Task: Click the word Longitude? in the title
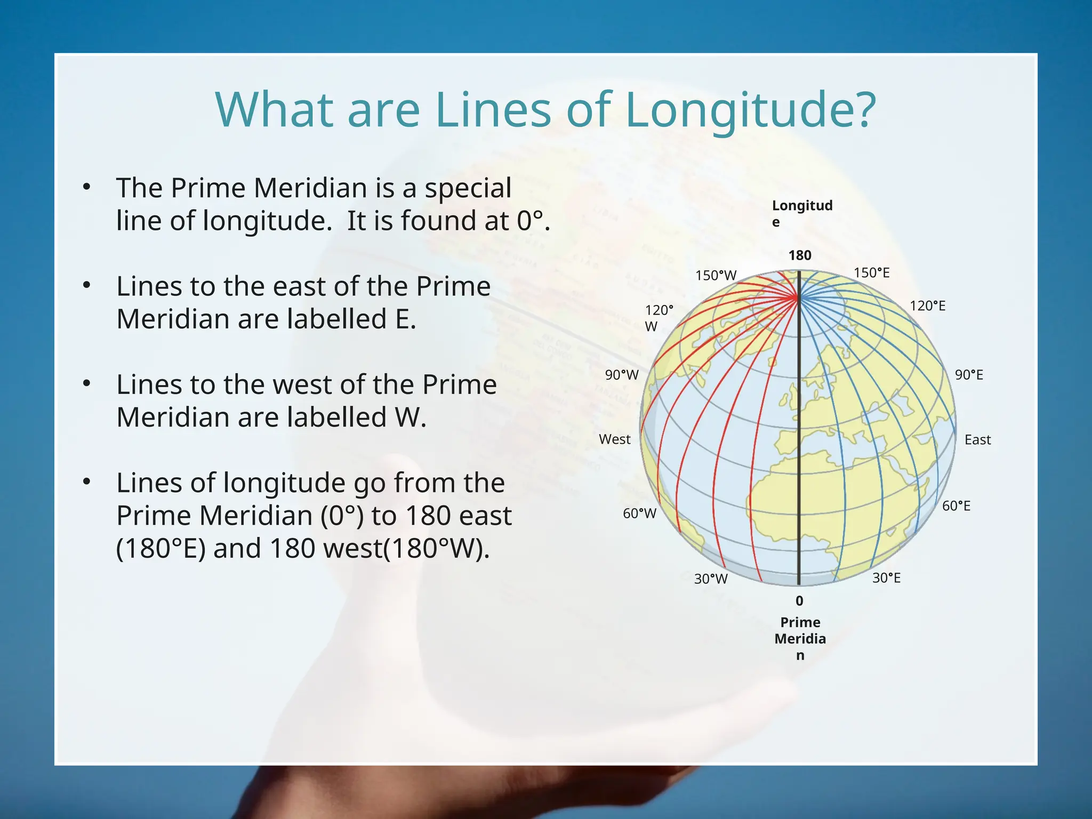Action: coord(750,110)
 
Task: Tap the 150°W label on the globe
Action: coord(716,276)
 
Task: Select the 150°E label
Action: coord(871,273)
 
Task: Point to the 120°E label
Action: coord(927,306)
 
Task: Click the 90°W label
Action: coord(621,375)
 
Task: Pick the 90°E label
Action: coord(969,375)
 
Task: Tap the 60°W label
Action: coord(639,513)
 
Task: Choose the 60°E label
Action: coord(956,506)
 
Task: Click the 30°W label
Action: coord(710,579)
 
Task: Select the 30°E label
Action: coord(886,578)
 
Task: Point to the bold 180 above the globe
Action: coord(800,255)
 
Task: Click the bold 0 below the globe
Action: coord(799,601)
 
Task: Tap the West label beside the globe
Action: coord(614,439)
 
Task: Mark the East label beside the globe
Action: coord(977,440)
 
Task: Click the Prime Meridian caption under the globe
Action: coord(800,638)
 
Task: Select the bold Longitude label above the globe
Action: coord(801,213)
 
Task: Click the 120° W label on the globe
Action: coord(659,318)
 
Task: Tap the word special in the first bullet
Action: coord(468,188)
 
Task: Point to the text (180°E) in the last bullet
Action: coord(160,549)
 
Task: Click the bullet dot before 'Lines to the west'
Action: coord(87,383)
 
